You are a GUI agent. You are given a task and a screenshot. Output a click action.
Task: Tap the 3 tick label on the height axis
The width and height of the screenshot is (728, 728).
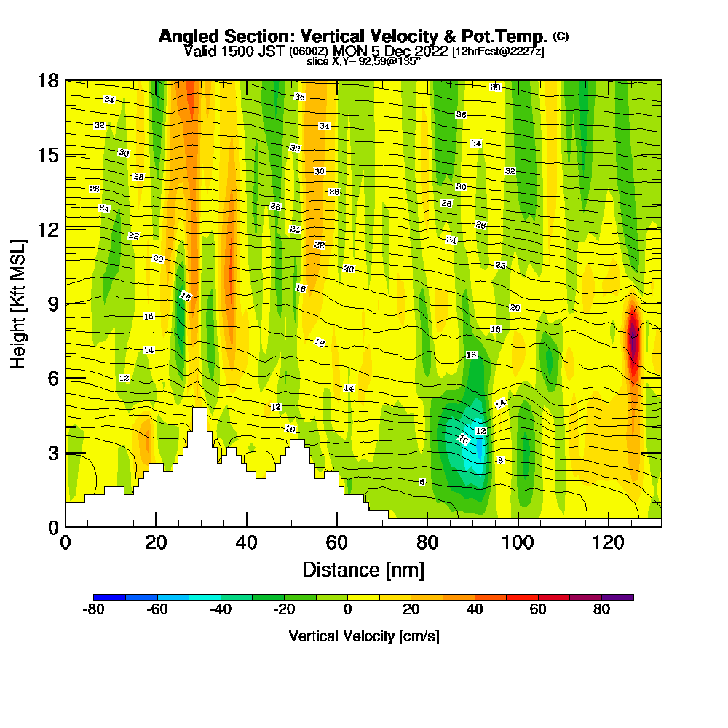(x=52, y=453)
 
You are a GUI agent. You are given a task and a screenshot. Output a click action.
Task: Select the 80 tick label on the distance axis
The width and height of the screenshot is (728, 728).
(x=427, y=542)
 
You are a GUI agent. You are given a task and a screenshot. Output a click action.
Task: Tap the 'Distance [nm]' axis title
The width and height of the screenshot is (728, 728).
(x=363, y=569)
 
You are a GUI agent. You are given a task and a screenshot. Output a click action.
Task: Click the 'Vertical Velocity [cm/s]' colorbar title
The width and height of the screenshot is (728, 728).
(x=363, y=636)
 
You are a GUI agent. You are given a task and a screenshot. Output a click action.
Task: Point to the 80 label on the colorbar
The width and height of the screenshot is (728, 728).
(x=601, y=610)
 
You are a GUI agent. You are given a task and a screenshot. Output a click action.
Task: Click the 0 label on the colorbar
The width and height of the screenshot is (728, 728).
(x=347, y=610)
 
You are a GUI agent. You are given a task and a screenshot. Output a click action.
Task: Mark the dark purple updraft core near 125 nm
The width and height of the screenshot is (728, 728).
(x=633, y=342)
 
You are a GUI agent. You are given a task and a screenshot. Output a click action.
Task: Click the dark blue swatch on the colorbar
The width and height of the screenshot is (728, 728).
(x=109, y=597)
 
